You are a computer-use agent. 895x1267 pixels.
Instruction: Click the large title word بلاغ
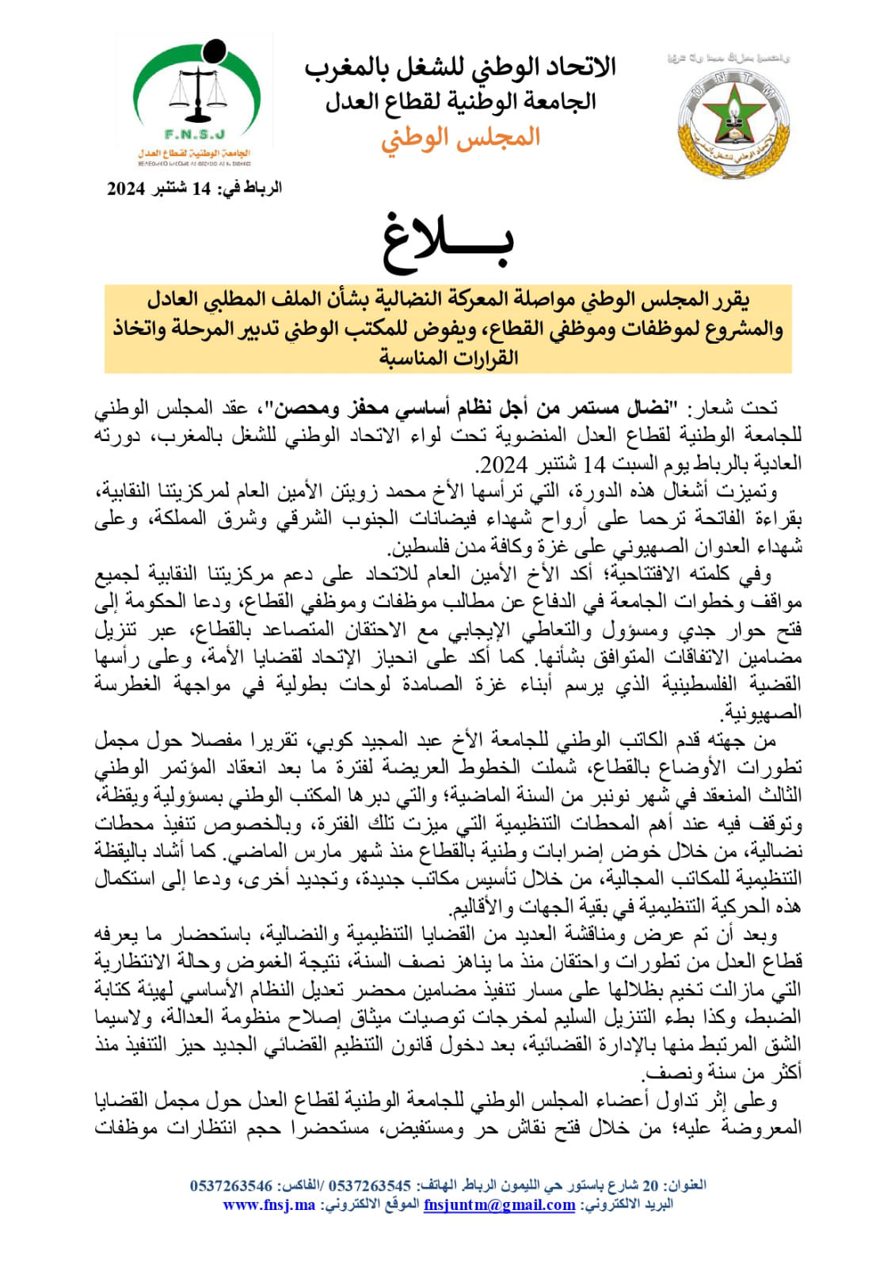[448, 240]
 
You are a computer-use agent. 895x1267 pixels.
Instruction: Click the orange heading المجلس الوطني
[460, 138]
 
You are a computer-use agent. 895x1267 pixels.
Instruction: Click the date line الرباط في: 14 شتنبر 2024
[195, 188]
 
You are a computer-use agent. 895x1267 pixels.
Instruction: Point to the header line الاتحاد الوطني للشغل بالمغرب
[460, 68]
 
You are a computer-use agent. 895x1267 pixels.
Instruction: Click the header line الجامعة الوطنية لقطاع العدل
[461, 101]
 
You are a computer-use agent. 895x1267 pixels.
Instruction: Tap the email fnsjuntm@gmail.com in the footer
[499, 1204]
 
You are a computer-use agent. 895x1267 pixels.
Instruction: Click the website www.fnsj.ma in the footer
[269, 1204]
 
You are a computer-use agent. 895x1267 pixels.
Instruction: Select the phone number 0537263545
[369, 1185]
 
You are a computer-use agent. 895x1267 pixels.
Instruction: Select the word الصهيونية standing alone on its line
[761, 712]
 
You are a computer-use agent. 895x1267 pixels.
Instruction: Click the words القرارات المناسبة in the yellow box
[448, 358]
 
